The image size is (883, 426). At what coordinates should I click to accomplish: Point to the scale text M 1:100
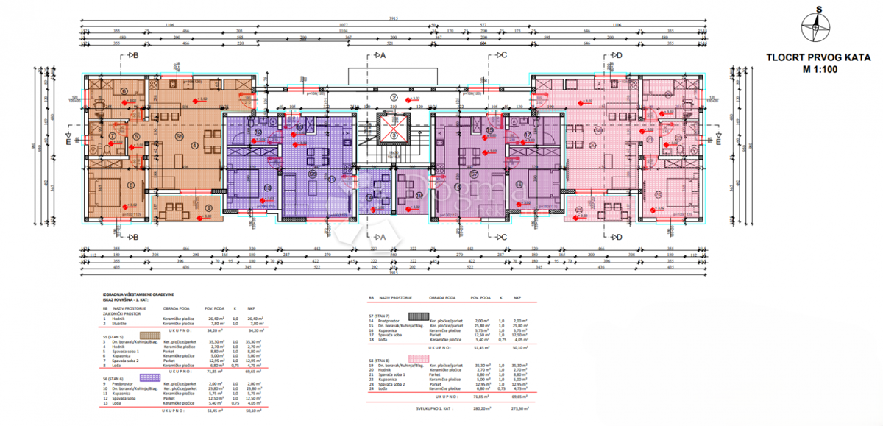(813, 70)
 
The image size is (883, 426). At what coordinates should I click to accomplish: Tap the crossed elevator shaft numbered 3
(394, 132)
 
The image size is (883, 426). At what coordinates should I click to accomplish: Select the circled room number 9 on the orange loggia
(208, 208)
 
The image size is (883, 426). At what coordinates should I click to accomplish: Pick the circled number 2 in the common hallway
(394, 98)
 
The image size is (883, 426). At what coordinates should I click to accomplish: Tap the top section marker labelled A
(379, 55)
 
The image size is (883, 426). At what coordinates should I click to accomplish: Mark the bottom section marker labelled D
(617, 237)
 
